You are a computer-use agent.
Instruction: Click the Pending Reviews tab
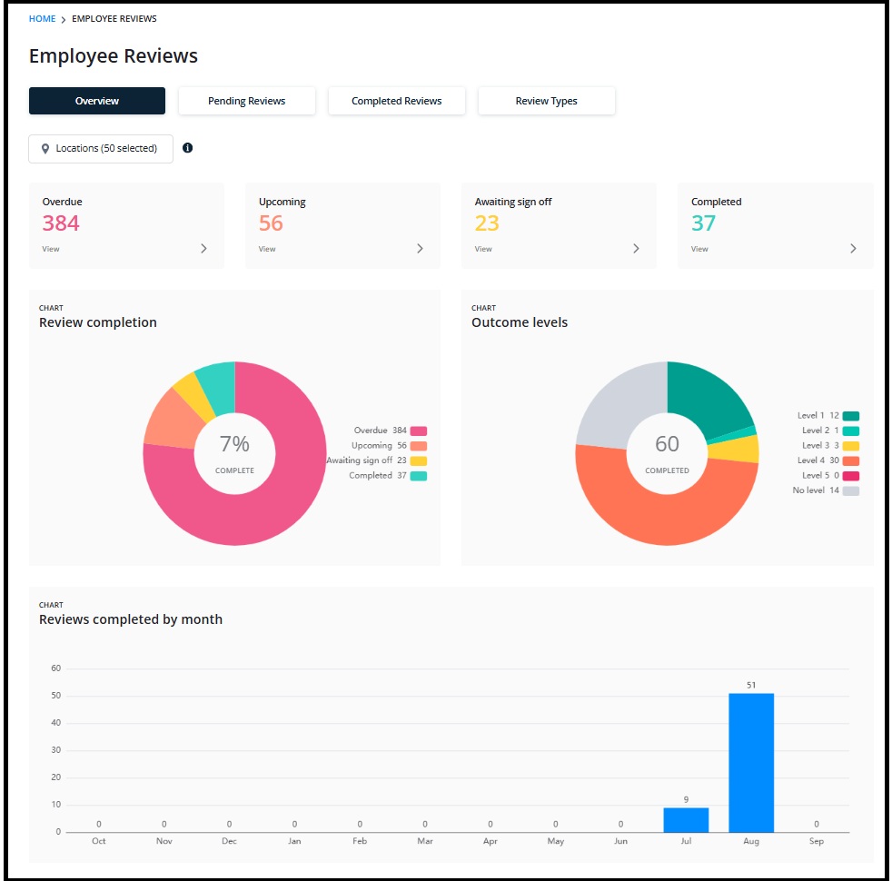(x=246, y=101)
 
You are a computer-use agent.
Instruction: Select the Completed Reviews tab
(x=397, y=101)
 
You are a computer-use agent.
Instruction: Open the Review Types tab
(x=546, y=101)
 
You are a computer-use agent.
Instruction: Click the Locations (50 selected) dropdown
(x=101, y=148)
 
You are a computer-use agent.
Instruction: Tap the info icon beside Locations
(x=187, y=148)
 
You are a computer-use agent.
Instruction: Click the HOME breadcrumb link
(x=42, y=19)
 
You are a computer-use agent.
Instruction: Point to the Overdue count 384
(x=61, y=223)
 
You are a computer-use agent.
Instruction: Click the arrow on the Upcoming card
(x=420, y=249)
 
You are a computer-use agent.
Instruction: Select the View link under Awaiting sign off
(x=483, y=249)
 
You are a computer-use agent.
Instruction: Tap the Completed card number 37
(x=703, y=223)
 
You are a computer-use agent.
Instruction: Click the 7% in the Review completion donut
(x=234, y=443)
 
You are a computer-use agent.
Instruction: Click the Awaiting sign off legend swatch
(x=419, y=460)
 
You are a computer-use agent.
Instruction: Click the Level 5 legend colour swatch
(x=851, y=476)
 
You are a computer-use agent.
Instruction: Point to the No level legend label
(x=808, y=490)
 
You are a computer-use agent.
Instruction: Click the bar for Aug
(x=751, y=763)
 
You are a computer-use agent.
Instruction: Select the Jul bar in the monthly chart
(x=686, y=820)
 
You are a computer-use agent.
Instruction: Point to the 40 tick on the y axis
(x=55, y=723)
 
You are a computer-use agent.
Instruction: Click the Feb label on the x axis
(x=360, y=841)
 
